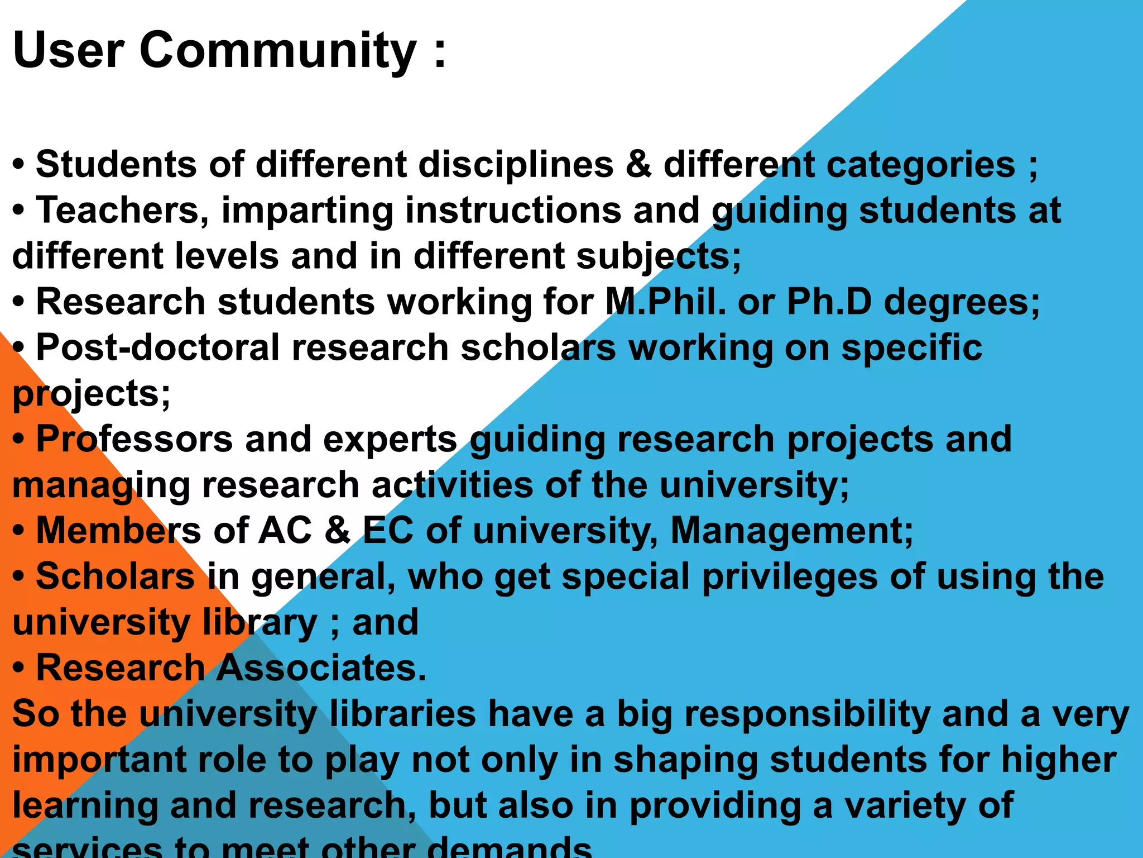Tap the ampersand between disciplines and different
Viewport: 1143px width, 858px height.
click(638, 165)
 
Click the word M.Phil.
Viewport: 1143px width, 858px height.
click(665, 302)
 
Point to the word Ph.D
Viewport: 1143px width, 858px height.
click(829, 302)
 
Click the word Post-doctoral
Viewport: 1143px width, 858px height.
click(157, 348)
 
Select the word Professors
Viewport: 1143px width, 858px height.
click(134, 440)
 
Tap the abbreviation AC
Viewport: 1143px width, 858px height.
click(285, 531)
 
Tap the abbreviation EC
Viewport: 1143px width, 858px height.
click(388, 531)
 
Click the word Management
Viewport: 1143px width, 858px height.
click(791, 531)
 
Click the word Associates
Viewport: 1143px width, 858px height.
click(321, 668)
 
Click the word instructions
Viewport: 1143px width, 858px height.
click(513, 211)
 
